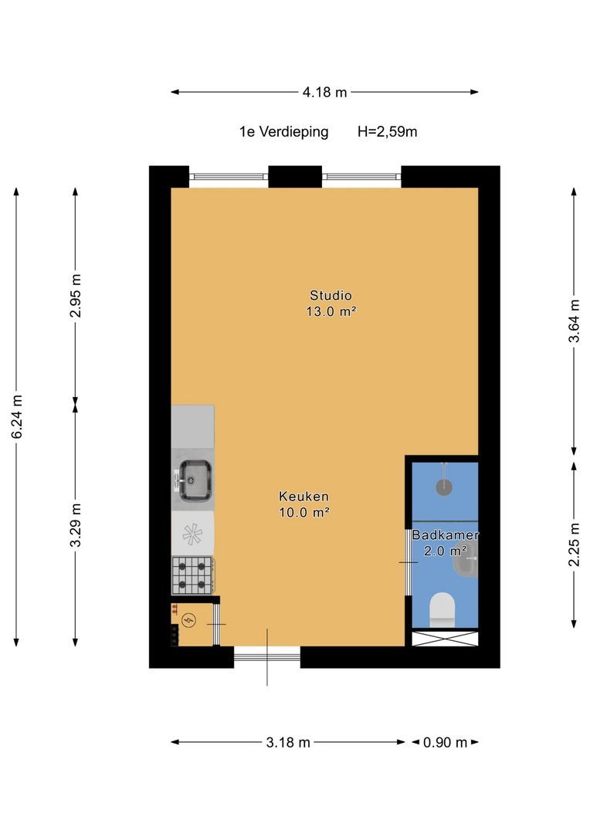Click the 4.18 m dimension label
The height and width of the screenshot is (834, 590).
[324, 92]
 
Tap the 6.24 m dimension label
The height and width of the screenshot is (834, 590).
[17, 417]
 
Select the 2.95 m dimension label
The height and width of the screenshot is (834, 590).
[76, 295]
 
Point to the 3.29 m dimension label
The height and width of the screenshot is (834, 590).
[76, 524]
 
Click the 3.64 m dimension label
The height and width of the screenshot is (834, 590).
[575, 320]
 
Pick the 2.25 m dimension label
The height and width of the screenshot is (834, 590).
[575, 544]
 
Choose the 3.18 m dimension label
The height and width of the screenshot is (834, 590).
[288, 742]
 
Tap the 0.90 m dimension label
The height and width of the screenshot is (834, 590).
[446, 742]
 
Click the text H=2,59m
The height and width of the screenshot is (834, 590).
[388, 131]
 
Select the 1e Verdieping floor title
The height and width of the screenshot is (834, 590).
[284, 131]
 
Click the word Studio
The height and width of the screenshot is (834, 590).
[331, 295]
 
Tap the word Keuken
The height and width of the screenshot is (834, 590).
[303, 497]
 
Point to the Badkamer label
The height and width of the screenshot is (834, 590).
[446, 535]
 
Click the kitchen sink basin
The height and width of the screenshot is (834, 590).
[195, 480]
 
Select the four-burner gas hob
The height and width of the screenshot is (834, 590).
[192, 575]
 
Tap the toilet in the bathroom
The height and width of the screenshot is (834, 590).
[442, 609]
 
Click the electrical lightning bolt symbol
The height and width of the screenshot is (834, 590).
[188, 619]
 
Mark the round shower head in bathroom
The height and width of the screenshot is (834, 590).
[444, 486]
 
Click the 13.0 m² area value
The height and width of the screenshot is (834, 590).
[331, 312]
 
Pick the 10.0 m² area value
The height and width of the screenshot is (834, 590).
[303, 513]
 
